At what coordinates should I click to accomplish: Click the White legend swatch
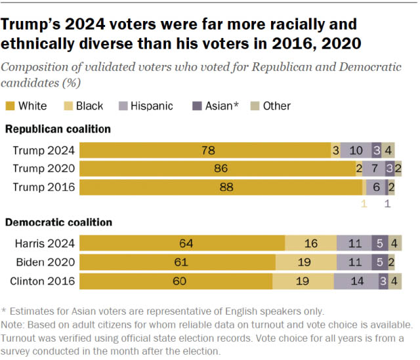(10, 106)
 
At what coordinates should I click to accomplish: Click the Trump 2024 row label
(44, 150)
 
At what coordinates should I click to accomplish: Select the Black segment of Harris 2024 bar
(310, 244)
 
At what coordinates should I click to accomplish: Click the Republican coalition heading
(58, 129)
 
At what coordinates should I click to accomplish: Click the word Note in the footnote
(14, 325)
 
